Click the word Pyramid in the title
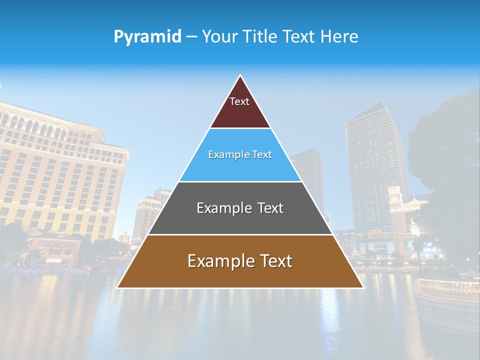[x=147, y=37]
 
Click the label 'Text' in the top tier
[x=239, y=101]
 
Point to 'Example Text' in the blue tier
[x=240, y=154]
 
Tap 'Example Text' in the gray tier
[x=240, y=208]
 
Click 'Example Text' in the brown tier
[x=240, y=261]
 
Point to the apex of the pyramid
[x=240, y=76]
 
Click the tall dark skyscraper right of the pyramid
[x=372, y=170]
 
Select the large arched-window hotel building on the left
[x=55, y=170]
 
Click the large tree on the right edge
[x=447, y=160]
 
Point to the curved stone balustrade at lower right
[x=447, y=290]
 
